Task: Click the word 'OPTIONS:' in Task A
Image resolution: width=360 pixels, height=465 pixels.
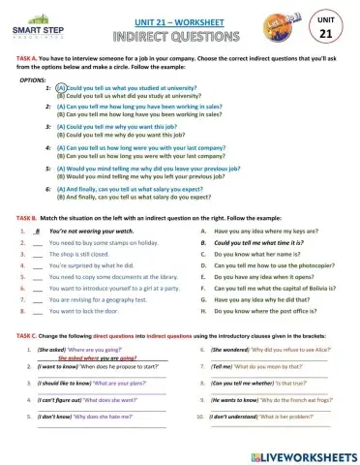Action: (32, 79)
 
